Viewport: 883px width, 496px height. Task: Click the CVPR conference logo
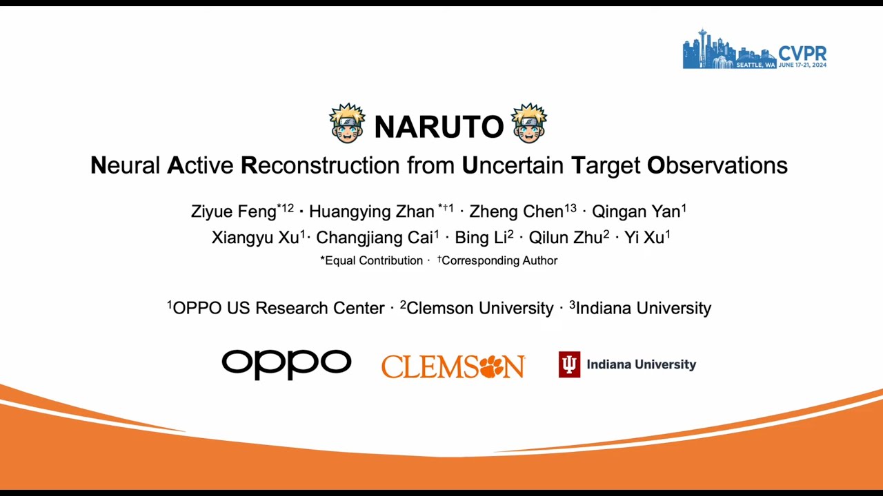click(754, 50)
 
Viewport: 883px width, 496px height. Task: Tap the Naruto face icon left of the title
click(347, 123)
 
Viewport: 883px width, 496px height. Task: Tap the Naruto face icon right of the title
click(529, 123)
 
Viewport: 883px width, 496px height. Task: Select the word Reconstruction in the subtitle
click(320, 165)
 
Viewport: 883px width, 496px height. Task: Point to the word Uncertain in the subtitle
click(513, 165)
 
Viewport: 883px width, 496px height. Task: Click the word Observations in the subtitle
click(717, 165)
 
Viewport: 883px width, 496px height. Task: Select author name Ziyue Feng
click(233, 211)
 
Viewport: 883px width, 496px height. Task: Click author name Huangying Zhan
click(371, 211)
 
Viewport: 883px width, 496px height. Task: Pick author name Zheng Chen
click(516, 211)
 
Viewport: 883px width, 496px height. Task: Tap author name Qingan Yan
click(635, 211)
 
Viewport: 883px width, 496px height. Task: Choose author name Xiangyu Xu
click(255, 238)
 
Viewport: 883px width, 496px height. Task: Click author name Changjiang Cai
click(374, 238)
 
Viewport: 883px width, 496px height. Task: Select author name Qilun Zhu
click(565, 238)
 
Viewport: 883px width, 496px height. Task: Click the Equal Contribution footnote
click(373, 260)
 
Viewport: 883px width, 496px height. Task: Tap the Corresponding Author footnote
click(499, 260)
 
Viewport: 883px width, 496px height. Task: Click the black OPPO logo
click(286, 364)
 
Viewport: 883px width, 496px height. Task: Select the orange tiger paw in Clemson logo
click(493, 366)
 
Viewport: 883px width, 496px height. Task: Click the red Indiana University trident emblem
click(569, 364)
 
